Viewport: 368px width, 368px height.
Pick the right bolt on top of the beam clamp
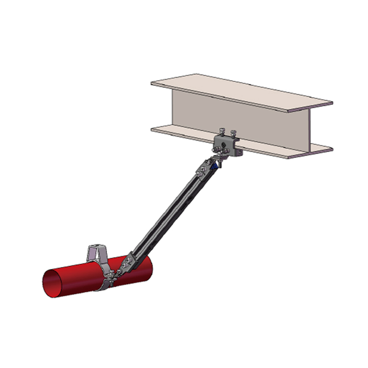click(x=234, y=132)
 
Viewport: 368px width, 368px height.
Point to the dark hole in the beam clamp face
click(x=224, y=146)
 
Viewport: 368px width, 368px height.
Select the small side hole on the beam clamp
click(x=239, y=152)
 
